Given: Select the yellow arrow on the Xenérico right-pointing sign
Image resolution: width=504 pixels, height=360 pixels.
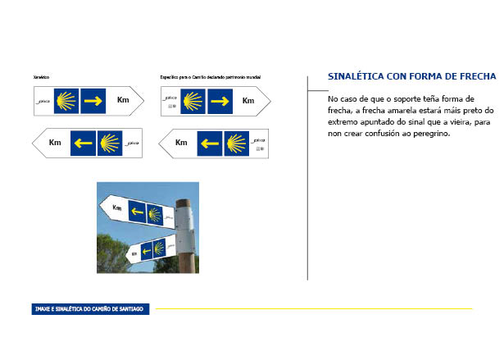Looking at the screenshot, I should point(93,101).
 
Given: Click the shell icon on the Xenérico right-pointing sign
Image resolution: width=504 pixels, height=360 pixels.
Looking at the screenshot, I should point(66,101).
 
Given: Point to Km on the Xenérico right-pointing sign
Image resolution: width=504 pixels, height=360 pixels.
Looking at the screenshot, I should point(123,100).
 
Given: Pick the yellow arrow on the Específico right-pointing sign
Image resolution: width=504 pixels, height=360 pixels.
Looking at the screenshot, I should point(220,102).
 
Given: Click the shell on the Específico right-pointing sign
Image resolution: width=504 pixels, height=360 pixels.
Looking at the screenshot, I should point(193,102).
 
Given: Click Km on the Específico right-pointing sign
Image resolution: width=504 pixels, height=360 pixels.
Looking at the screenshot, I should point(248,101).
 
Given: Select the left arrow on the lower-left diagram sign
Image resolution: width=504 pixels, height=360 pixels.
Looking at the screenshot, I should point(82,143).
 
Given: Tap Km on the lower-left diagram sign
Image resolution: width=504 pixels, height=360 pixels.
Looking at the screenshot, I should point(55,143).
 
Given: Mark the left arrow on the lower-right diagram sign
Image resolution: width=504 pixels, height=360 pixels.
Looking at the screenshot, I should point(209,144).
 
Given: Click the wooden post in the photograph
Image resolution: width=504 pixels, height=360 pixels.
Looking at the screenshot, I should point(185,262).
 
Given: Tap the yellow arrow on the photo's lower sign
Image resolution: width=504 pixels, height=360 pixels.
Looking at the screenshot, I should point(147,248).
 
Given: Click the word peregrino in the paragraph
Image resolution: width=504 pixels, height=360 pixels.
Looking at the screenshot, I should point(428,132).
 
